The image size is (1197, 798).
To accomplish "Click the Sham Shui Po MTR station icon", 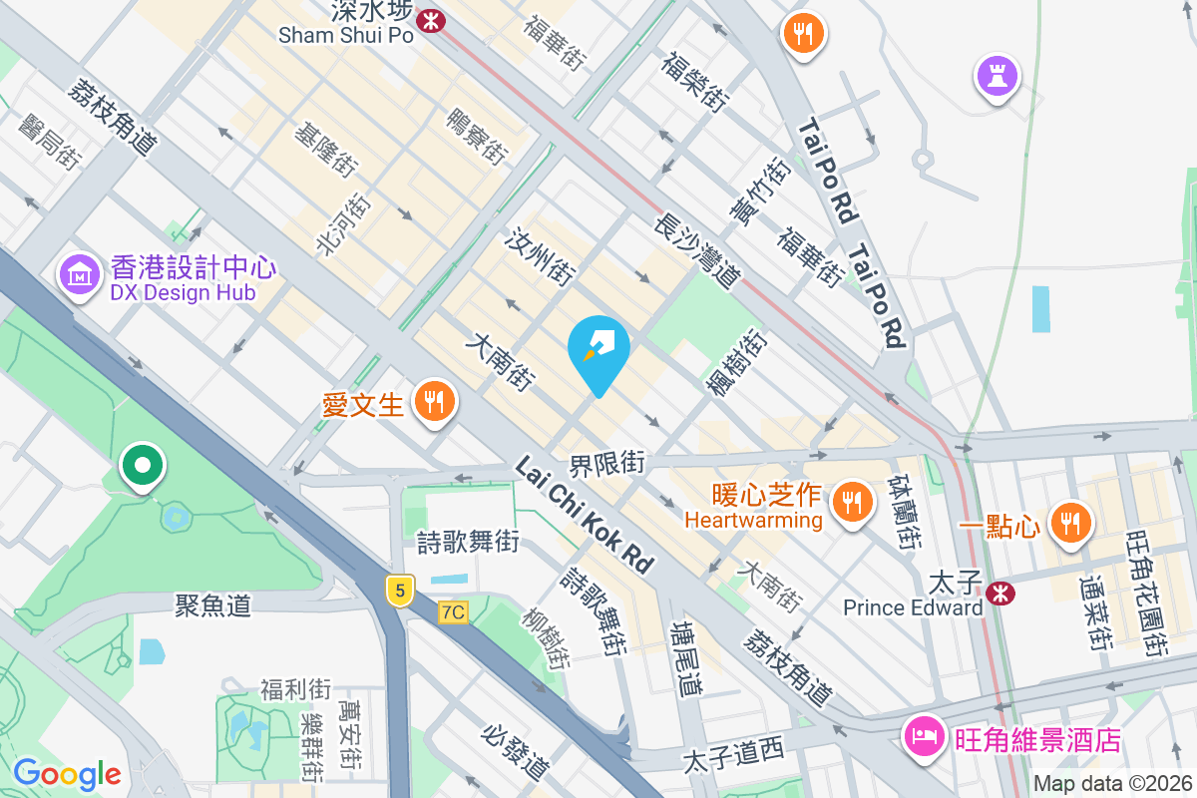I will pyautogui.click(x=431, y=19).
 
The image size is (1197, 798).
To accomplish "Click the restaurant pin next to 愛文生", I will pyautogui.click(x=433, y=401).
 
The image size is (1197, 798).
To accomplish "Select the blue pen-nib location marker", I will pyautogui.click(x=598, y=348).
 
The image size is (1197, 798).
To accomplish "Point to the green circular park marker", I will pyautogui.click(x=143, y=466).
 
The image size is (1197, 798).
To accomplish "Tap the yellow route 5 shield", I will pyautogui.click(x=400, y=591).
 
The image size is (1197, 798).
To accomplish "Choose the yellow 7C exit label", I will pyautogui.click(x=453, y=612).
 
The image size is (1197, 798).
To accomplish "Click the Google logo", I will pyautogui.click(x=67, y=774).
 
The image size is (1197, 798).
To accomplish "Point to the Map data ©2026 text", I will pyautogui.click(x=1112, y=784).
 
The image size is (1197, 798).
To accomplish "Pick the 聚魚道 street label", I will pyautogui.click(x=212, y=604).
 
